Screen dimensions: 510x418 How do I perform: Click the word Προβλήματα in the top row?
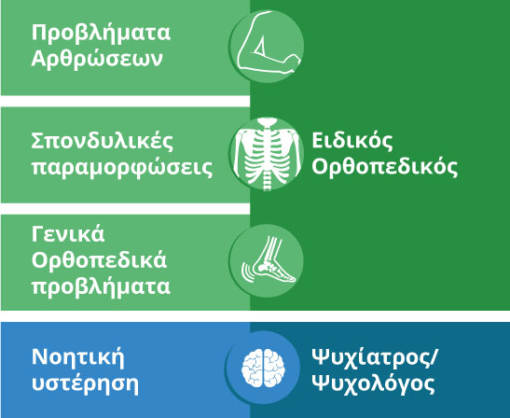click(x=101, y=34)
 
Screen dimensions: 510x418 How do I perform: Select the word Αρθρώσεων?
click(x=97, y=59)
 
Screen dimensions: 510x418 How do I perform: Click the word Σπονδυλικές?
click(x=103, y=142)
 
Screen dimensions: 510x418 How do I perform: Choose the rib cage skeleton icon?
click(x=267, y=154)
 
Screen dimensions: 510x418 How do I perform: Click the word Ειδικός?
click(x=352, y=141)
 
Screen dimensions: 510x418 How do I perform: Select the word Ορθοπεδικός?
click(x=384, y=167)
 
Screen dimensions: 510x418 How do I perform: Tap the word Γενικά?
click(x=68, y=234)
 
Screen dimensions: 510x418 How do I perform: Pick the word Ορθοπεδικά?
click(x=99, y=260)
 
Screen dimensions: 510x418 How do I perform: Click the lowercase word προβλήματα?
click(x=101, y=286)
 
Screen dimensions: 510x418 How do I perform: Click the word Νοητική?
click(x=78, y=357)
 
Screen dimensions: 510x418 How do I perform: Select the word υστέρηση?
click(x=85, y=384)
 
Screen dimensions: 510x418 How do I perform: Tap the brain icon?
click(x=263, y=368)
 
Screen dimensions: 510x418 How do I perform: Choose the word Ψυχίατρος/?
click(x=375, y=358)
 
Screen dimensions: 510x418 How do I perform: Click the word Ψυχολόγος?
click(x=373, y=384)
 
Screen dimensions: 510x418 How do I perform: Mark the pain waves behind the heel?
click(x=247, y=272)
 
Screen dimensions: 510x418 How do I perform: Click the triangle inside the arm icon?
click(x=260, y=47)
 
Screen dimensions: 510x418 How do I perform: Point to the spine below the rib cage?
click(x=267, y=182)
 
